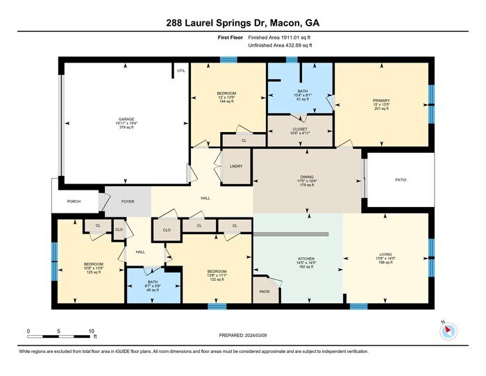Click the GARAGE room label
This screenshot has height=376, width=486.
coord(126,120)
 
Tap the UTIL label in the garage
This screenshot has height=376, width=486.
coord(181,70)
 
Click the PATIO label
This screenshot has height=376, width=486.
coord(401,181)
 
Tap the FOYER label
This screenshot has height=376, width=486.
coord(128,202)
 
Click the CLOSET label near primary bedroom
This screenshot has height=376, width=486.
coord(301,129)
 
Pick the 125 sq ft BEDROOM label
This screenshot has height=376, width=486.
coord(93,264)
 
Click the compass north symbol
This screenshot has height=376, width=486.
coord(448,330)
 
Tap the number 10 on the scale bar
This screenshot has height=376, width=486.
coord(92,331)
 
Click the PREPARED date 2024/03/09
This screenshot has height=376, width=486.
coord(242,334)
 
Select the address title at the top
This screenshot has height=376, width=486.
coord(242,24)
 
